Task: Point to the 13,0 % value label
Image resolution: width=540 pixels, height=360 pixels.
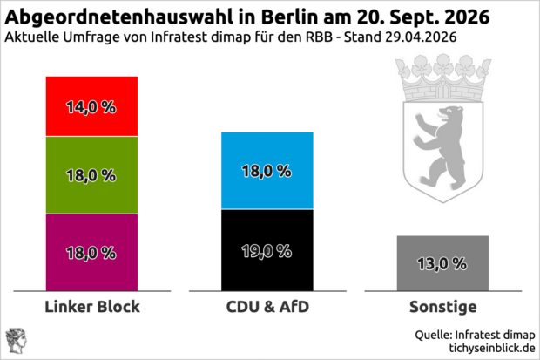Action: point(442,263)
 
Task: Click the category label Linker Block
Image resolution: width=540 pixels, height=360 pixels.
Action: point(91,308)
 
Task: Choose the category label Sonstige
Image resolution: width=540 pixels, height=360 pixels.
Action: point(442,308)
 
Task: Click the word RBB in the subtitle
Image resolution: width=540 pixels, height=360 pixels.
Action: point(316,38)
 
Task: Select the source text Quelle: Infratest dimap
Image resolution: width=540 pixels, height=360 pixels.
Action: point(474,334)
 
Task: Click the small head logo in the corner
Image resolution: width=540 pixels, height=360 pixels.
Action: point(16,340)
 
